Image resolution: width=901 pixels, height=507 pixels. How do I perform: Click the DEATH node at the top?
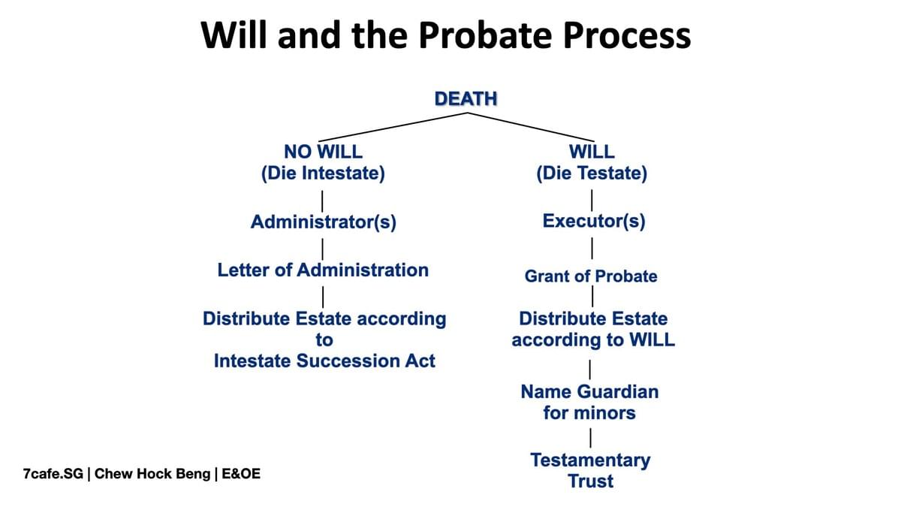(x=466, y=99)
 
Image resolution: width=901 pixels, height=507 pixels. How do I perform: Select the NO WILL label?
(x=323, y=152)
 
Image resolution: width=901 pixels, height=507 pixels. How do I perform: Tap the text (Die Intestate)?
(x=323, y=174)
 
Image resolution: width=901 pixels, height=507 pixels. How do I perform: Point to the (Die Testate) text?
(x=592, y=174)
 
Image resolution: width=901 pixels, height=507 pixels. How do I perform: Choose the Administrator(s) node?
(x=324, y=222)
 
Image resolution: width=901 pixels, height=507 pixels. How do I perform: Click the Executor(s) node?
(x=594, y=222)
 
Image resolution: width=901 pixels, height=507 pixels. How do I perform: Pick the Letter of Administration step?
(x=323, y=270)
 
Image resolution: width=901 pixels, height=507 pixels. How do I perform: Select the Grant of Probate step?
(x=591, y=276)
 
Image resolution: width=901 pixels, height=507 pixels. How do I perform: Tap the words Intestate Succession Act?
(x=324, y=361)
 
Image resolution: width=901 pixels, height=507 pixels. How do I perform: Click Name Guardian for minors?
(x=589, y=403)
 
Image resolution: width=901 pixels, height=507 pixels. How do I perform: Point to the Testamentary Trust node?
(x=590, y=471)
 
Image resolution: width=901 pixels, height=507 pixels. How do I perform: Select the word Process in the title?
(x=627, y=35)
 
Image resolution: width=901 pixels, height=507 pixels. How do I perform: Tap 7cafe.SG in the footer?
(x=53, y=474)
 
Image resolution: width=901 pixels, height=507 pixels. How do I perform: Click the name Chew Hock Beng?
(x=152, y=474)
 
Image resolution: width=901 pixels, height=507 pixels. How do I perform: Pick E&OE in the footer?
(x=241, y=474)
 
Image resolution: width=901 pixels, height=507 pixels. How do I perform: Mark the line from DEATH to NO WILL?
(x=393, y=127)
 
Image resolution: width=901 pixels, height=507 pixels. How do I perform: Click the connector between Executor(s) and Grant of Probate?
(x=592, y=249)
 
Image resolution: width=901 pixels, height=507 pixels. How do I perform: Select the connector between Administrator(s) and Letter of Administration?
(x=323, y=249)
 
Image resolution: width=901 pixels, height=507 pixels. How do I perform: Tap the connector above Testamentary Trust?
(x=590, y=438)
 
